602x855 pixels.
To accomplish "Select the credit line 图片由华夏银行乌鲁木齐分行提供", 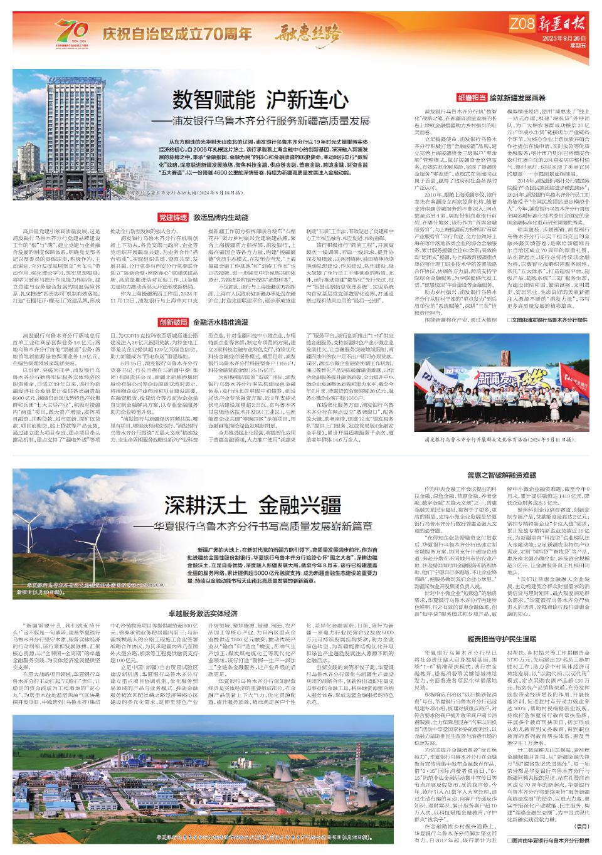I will tap(546, 839).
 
